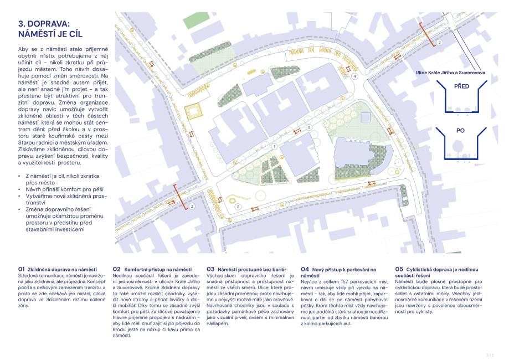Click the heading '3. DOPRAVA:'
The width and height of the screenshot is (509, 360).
pyautogui.click(x=44, y=24)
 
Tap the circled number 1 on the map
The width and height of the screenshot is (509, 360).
pyautogui.click(x=274, y=146)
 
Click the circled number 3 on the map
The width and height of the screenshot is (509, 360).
pyautogui.click(x=238, y=207)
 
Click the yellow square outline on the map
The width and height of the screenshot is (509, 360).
pyautogui.click(x=194, y=113)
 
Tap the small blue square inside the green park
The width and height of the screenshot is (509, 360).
pyautogui.click(x=365, y=117)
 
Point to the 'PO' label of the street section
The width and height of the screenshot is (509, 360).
pyautogui.click(x=460, y=131)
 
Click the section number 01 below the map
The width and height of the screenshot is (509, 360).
pyautogui.click(x=22, y=269)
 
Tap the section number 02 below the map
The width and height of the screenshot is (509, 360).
pyautogui.click(x=116, y=269)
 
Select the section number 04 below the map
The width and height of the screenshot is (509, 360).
pyautogui.click(x=305, y=269)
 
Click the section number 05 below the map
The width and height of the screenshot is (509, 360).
pyautogui.click(x=399, y=269)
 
